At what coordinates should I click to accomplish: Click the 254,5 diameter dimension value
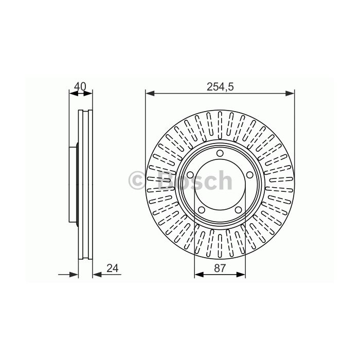[x=220, y=87]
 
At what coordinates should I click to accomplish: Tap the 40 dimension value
[x=80, y=86]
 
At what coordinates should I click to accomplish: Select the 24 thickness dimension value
[x=113, y=268]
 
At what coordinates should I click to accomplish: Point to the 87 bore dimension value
[x=220, y=268]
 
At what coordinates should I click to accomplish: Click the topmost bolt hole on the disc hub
[x=220, y=153]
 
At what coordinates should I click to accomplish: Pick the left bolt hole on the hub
[x=190, y=175]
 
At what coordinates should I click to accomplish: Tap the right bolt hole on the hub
[x=250, y=175]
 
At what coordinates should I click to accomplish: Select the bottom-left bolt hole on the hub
[x=202, y=210]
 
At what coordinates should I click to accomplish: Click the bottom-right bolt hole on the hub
[x=238, y=210]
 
